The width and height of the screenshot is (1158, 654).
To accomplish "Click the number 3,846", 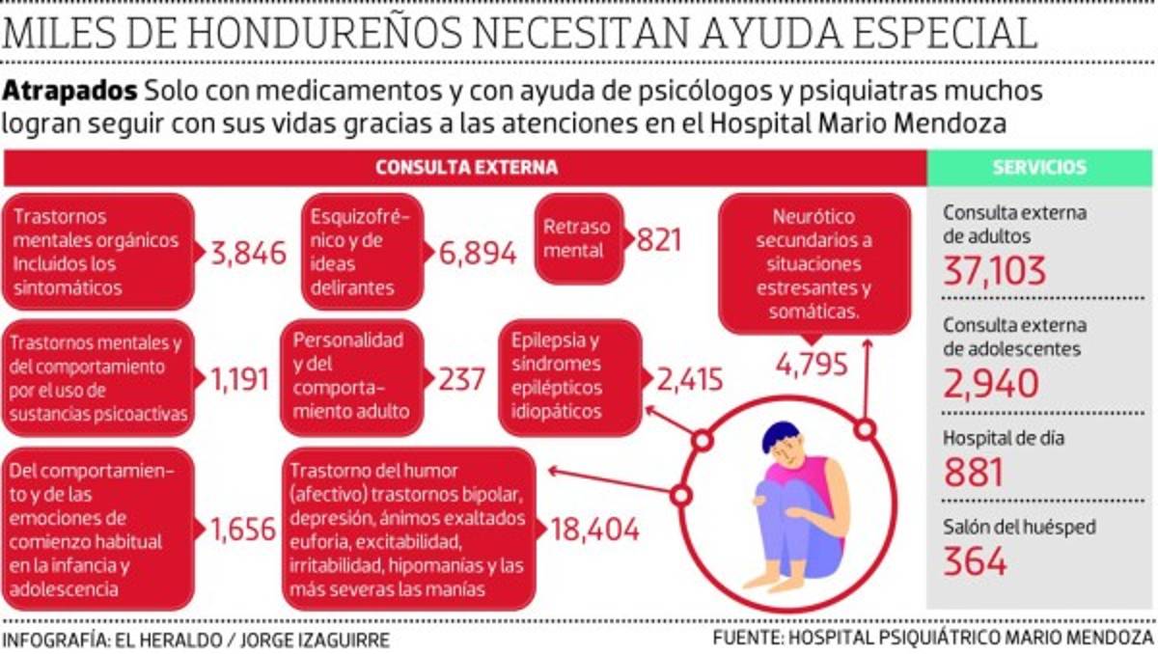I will point(249,253).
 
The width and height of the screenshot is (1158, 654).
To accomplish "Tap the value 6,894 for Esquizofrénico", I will point(479,253).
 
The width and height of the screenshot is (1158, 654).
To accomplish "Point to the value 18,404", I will point(594,529).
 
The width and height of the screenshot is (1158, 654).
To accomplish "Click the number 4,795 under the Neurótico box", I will point(812,365).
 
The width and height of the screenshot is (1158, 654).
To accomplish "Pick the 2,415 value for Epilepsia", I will point(690,379).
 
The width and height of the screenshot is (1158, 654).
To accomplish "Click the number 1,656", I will point(242,529).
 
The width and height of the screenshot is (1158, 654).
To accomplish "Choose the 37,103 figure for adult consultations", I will point(995,270).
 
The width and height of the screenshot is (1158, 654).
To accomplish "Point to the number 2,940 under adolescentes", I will point(991,383).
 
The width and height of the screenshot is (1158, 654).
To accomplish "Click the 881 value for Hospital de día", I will point(974,472).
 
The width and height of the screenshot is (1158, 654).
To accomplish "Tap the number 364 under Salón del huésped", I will point(975,560).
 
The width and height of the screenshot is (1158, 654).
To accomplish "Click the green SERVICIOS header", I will point(1039,167).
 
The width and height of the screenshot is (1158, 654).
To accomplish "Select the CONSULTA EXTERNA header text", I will point(466,167).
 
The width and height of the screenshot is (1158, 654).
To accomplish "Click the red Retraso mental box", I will point(577,239).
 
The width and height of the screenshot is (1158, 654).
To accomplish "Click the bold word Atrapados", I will point(69,92).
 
